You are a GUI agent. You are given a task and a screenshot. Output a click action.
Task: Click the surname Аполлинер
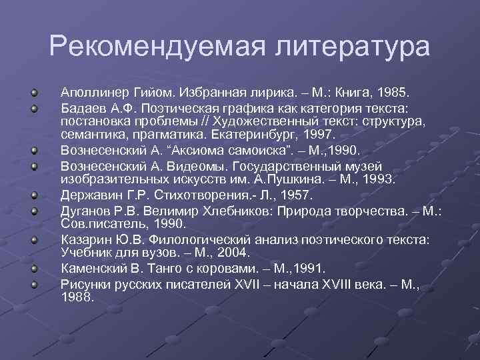click(95, 90)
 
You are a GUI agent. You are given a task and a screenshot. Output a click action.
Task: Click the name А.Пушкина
click(289, 179)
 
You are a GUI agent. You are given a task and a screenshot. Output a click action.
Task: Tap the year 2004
click(233, 253)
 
